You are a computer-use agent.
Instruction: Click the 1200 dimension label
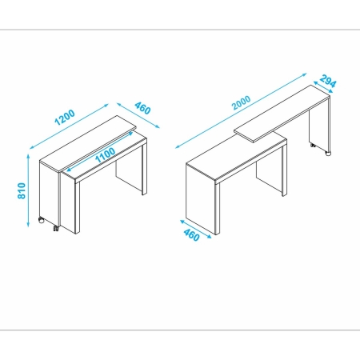click(x=65, y=118)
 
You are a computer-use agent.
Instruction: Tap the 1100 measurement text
click(x=106, y=155)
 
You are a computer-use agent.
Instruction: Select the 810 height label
click(x=22, y=190)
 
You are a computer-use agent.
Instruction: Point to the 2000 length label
click(x=242, y=102)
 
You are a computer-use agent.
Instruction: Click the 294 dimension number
click(x=328, y=82)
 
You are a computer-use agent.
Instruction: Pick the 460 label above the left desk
click(x=142, y=108)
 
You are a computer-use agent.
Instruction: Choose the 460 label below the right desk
click(x=191, y=234)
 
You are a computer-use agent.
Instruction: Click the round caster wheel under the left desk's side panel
click(x=42, y=220)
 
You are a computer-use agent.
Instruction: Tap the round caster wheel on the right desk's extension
click(x=328, y=154)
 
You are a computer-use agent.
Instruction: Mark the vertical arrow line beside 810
click(x=28, y=190)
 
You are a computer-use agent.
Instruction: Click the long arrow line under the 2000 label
click(x=241, y=110)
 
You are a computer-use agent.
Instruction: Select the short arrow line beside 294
click(x=323, y=87)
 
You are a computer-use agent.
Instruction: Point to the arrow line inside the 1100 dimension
click(x=100, y=152)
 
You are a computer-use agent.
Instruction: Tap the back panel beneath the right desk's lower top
click(x=270, y=176)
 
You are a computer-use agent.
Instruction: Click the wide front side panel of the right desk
click(x=201, y=198)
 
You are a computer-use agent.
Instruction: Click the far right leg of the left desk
click(x=144, y=167)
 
